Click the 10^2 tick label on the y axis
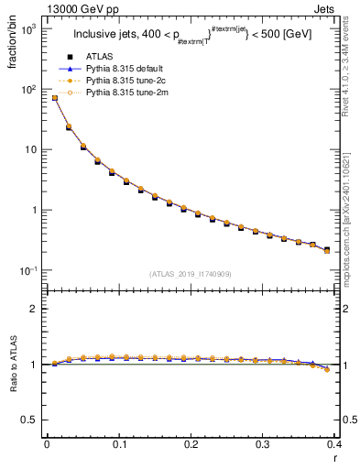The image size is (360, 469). pyautogui.click(x=29, y=90)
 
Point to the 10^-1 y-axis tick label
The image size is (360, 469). pyautogui.click(x=28, y=271)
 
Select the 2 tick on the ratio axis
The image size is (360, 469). pyautogui.click(x=34, y=309)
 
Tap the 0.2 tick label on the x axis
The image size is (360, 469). pyautogui.click(x=190, y=445)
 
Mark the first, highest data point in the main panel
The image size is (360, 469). pyautogui.click(x=54, y=98)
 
